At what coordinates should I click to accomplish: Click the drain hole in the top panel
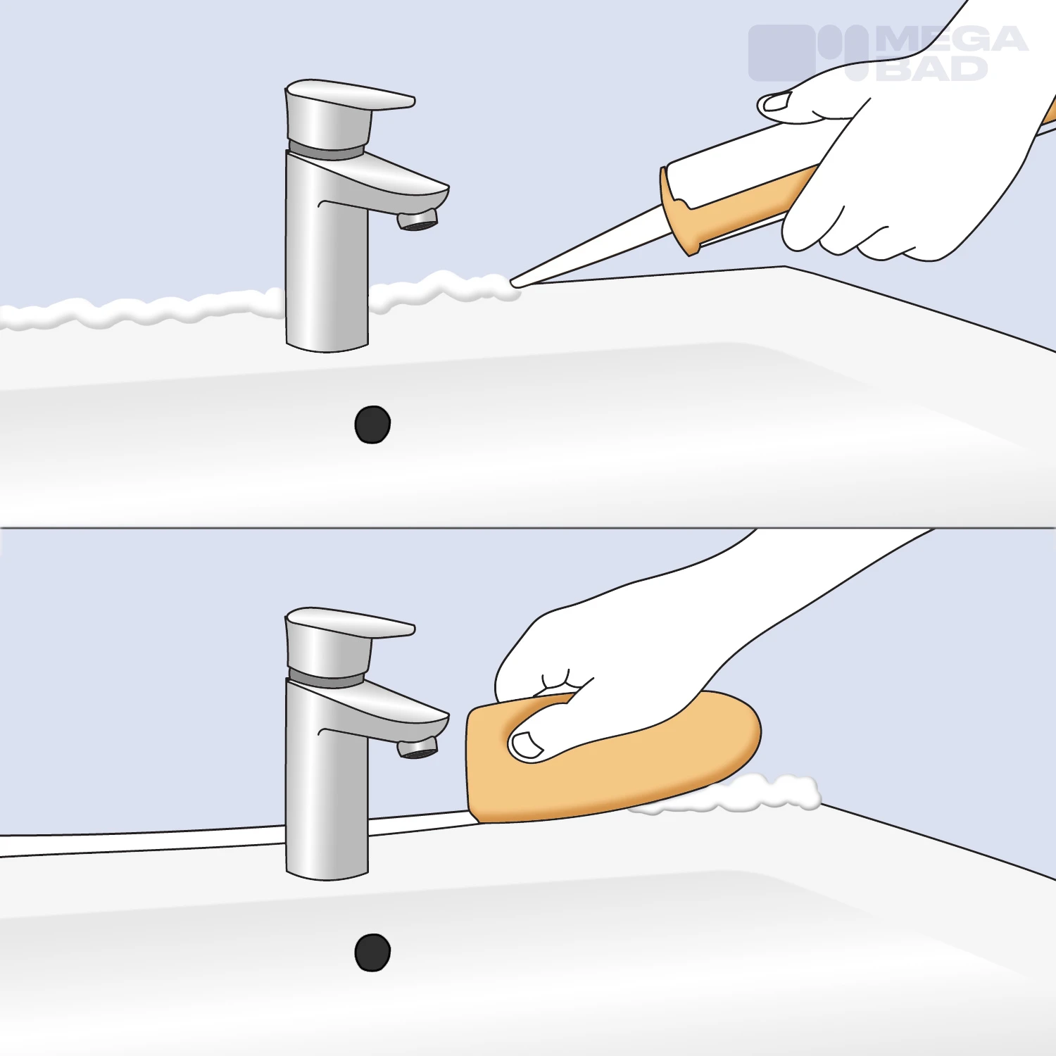tap(372, 425)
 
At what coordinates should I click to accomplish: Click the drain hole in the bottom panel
tap(372, 953)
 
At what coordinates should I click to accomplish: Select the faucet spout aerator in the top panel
tap(418, 220)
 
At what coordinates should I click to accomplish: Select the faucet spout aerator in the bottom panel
tap(418, 747)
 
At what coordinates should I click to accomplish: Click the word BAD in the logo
tap(931, 68)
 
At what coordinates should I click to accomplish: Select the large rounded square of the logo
tap(781, 53)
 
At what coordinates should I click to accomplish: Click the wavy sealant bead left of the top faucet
tap(141, 310)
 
